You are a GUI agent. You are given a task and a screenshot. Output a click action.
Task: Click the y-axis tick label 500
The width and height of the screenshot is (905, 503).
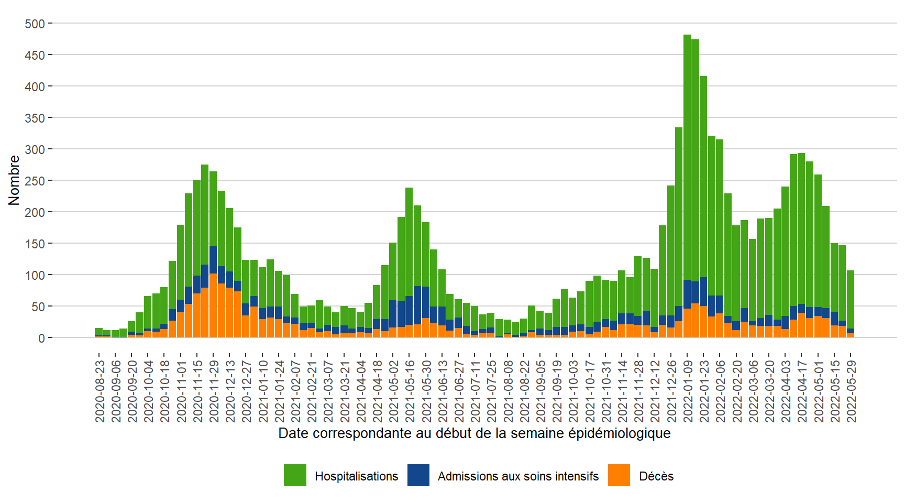coord(35,24)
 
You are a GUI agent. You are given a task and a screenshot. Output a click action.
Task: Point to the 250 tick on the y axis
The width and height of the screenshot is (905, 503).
coord(35,181)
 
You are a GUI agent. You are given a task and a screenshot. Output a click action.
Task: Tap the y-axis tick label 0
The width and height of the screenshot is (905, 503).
coord(41,338)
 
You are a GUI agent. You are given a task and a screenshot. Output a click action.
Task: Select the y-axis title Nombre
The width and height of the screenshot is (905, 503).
coord(14,180)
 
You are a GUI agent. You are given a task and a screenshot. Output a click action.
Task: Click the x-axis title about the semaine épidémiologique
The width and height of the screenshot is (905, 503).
coord(474,433)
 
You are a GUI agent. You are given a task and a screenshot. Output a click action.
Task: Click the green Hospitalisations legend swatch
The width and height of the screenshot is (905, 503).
coord(295,475)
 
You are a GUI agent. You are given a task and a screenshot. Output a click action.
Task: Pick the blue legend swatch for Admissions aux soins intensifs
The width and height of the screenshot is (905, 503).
coord(418,475)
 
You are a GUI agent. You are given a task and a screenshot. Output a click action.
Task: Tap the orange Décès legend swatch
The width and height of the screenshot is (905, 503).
coord(619,475)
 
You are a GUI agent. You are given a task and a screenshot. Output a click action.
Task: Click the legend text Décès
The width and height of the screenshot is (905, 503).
coord(656,476)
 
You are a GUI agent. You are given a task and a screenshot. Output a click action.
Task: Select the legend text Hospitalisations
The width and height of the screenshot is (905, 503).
coord(356,476)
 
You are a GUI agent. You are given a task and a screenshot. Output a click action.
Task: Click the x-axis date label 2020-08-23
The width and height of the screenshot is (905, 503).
coord(100,391)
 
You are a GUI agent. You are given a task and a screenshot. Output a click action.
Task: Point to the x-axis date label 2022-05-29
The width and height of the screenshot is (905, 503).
coord(852,391)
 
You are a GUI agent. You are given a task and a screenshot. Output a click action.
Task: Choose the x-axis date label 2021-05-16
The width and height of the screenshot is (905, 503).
coord(410,391)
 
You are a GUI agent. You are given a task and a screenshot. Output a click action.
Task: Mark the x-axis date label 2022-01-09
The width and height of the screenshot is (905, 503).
coord(688,391)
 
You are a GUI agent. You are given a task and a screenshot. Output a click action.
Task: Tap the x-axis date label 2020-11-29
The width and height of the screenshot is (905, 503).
coord(214,391)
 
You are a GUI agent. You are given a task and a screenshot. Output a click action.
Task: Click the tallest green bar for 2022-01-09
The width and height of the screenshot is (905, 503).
coord(687,157)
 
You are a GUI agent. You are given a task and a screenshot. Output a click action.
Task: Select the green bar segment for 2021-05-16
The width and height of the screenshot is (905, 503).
coord(409,241)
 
